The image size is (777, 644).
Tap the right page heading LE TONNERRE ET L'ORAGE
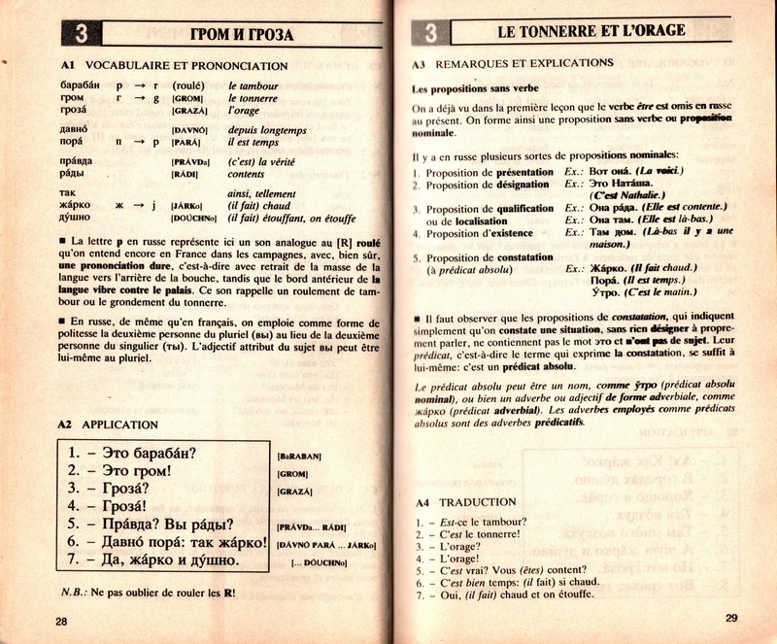[591, 32]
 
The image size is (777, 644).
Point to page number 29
[731, 619]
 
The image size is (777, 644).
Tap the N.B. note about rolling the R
[145, 592]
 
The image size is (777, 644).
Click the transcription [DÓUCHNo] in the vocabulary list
[196, 219]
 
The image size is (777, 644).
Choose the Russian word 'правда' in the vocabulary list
[76, 161]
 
